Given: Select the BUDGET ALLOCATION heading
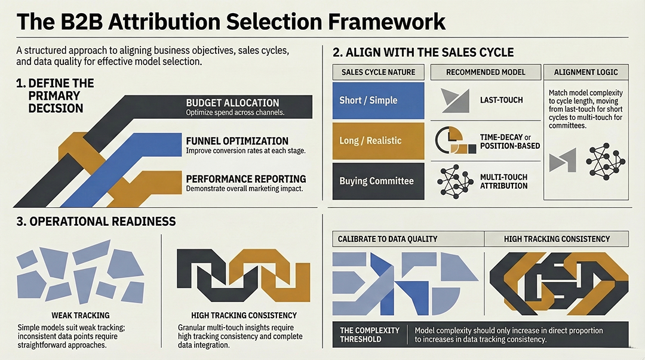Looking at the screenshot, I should coord(232,103).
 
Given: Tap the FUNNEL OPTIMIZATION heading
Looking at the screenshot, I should coord(237,141).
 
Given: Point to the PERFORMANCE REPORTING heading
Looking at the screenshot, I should coord(246,179).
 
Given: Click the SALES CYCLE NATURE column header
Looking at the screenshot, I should coord(378,72).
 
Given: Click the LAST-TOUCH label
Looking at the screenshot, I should coord(501,100).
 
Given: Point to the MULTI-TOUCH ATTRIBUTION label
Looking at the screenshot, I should coord(503,181).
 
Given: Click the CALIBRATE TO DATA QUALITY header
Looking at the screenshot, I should coord(388,239).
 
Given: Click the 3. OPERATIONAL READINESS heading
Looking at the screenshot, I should coord(95,221).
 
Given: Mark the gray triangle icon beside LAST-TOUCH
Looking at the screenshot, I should coord(454,100).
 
